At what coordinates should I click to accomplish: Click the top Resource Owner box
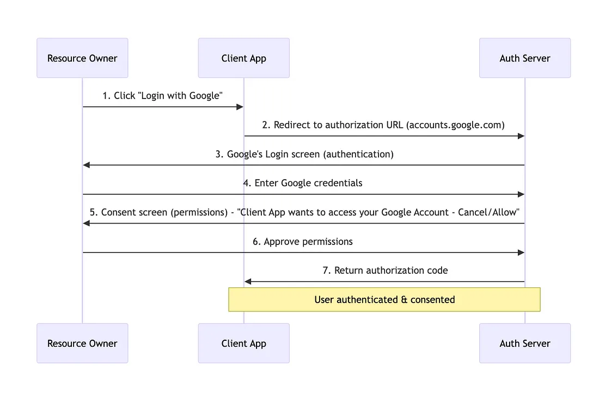click(x=82, y=58)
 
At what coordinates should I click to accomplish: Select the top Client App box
click(x=243, y=58)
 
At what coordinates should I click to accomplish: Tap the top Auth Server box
click(x=524, y=58)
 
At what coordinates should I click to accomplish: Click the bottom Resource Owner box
click(x=82, y=343)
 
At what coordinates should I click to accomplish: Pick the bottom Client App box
click(x=243, y=343)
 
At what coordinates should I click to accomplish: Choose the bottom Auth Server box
click(x=524, y=343)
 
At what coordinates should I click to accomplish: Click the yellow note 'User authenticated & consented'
click(x=384, y=299)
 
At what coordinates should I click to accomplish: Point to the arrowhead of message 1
click(x=240, y=107)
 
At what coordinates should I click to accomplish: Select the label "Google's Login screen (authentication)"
click(x=304, y=154)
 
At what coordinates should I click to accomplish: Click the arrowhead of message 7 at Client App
click(x=248, y=281)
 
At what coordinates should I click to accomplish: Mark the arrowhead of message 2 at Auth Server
click(x=521, y=136)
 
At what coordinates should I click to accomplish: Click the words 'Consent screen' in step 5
click(x=134, y=212)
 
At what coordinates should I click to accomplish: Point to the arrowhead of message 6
click(x=521, y=253)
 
